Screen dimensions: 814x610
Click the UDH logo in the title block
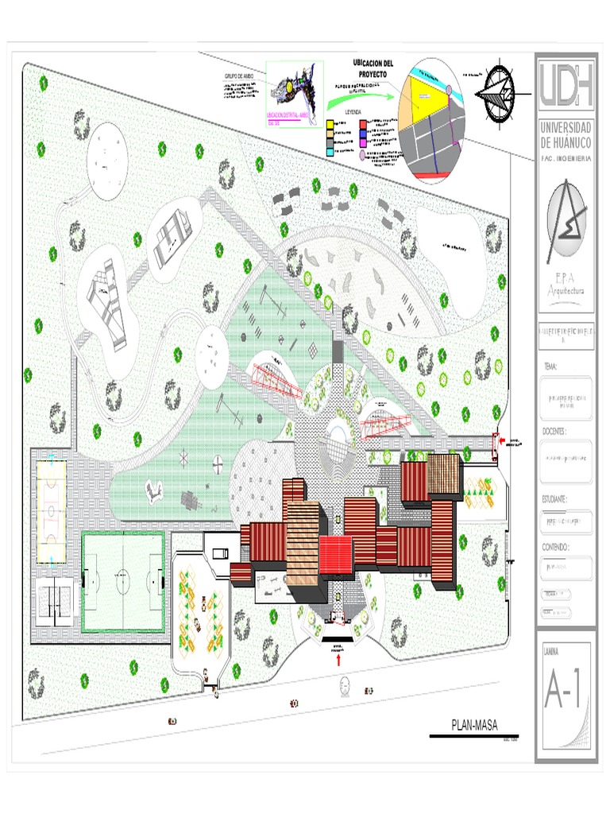(x=565, y=86)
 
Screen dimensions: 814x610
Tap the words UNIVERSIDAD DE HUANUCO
(x=565, y=134)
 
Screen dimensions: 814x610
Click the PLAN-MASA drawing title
(x=475, y=725)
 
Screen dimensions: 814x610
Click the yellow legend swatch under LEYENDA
(x=330, y=125)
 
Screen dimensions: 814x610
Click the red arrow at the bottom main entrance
(x=339, y=659)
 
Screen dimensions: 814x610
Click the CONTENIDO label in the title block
(x=555, y=548)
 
